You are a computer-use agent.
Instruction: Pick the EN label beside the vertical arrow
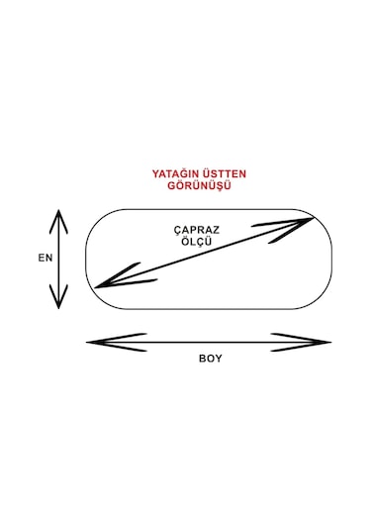pyautogui.click(x=45, y=257)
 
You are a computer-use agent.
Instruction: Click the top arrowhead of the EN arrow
pyautogui.click(x=60, y=216)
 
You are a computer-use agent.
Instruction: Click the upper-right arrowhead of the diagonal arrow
pyautogui.click(x=306, y=221)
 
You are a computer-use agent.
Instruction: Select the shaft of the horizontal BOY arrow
pyautogui.click(x=209, y=343)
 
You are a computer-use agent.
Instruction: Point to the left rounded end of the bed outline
pyautogui.click(x=85, y=259)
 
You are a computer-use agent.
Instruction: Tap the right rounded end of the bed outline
pyautogui.click(x=334, y=259)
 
